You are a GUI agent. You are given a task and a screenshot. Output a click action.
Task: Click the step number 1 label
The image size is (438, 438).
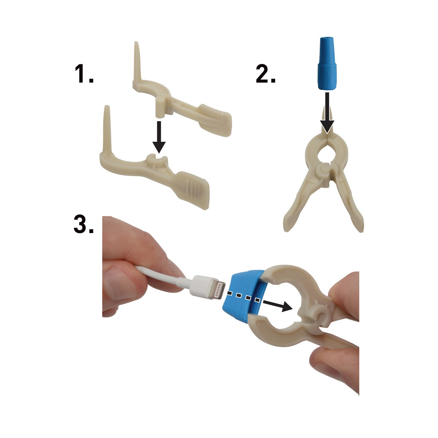coord(84,73)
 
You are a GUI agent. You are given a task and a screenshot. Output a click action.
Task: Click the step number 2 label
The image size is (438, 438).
coord(265,73)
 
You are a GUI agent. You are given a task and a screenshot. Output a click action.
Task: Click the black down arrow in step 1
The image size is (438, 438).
coord(159,137)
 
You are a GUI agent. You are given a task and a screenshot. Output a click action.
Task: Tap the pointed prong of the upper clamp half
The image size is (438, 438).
coord(138,61)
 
